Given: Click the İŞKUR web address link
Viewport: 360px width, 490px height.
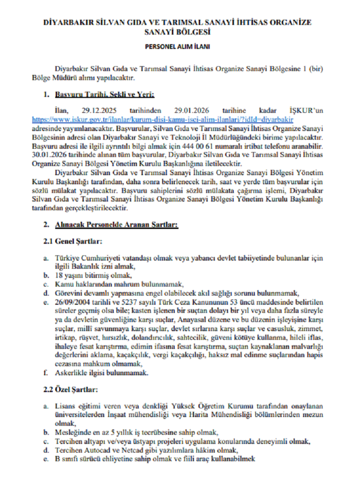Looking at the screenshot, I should point(163,118).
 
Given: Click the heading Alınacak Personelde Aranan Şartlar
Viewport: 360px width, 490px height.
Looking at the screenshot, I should point(117,225).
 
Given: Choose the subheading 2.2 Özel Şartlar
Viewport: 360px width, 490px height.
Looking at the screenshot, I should point(71,388).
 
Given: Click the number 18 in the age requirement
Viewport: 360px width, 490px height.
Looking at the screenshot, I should point(59,275).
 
